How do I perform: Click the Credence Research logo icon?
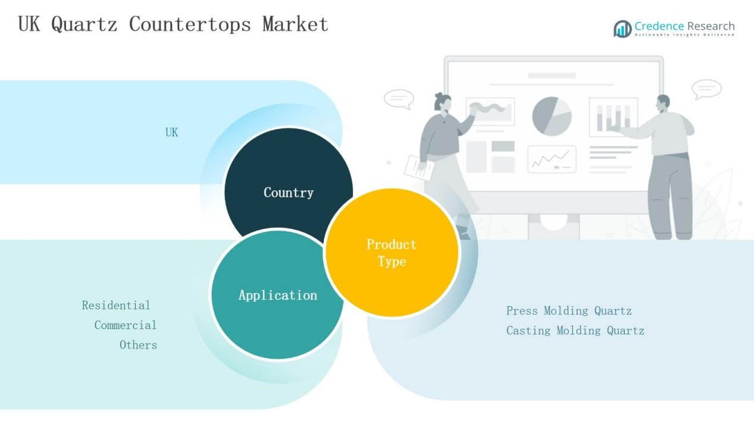(x=622, y=29)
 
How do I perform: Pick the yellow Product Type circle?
(x=392, y=253)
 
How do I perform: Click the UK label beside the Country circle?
(x=171, y=133)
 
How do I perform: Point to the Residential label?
(x=116, y=306)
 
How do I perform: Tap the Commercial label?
(x=125, y=325)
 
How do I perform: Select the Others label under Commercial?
(x=138, y=345)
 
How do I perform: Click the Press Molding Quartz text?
(x=568, y=311)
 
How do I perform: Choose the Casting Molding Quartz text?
(x=575, y=331)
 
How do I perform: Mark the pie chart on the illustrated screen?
(x=552, y=115)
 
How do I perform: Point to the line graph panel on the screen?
(x=552, y=159)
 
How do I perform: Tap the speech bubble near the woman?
(x=398, y=99)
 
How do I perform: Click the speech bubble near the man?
(x=706, y=90)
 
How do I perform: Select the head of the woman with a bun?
(x=443, y=103)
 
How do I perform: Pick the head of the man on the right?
(x=662, y=103)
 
